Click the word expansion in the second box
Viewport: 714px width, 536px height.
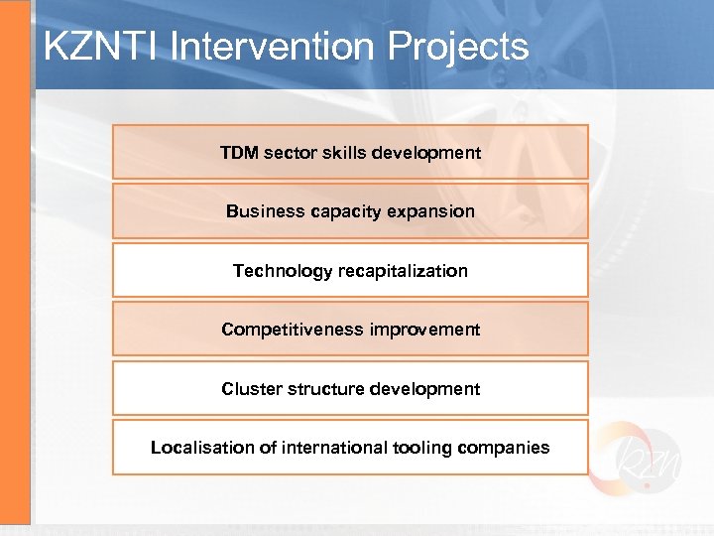432,211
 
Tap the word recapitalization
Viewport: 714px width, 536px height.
404,271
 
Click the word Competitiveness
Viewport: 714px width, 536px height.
292,330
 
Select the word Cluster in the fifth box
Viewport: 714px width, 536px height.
251,389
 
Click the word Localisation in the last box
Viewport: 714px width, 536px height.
202,448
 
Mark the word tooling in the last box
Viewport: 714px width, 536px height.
420,448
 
